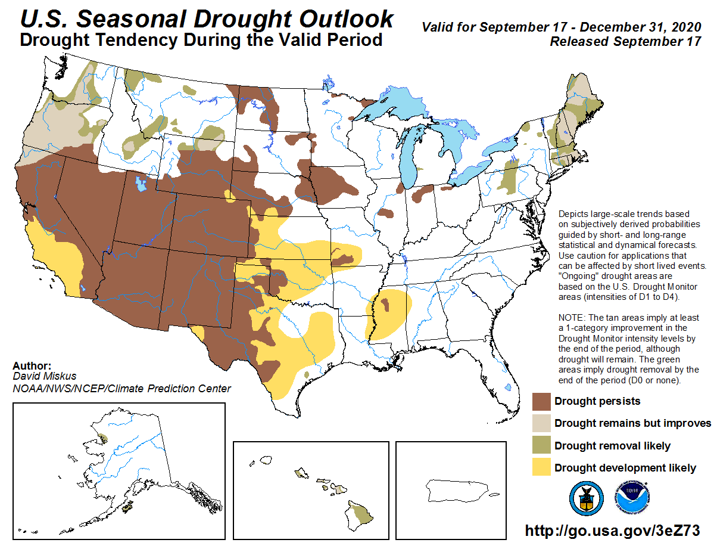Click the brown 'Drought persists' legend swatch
click(x=541, y=401)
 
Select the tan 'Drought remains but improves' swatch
click(x=541, y=423)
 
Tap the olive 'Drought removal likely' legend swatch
click(x=541, y=446)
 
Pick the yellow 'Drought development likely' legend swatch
click(x=541, y=468)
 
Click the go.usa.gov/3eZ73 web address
click(x=612, y=531)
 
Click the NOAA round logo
click(x=632, y=498)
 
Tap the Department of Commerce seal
click(x=586, y=498)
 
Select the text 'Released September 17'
click(x=625, y=42)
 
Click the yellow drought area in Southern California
click(x=57, y=250)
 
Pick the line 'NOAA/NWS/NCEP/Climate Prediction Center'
click(x=121, y=389)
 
